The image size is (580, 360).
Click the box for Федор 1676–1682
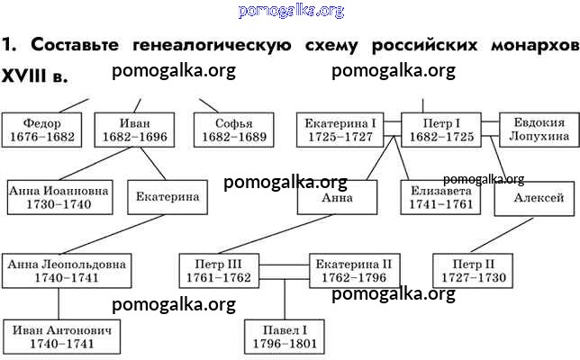click(x=43, y=130)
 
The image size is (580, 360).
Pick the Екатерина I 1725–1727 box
click(x=339, y=130)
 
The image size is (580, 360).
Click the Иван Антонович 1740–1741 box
click(x=62, y=337)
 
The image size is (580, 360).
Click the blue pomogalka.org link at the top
click(x=291, y=11)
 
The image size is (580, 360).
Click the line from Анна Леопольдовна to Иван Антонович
click(x=34, y=304)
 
